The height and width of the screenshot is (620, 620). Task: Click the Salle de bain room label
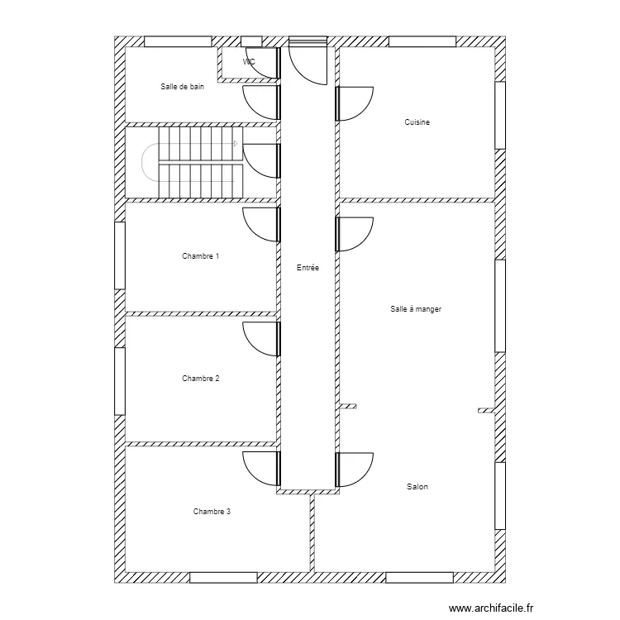tap(183, 87)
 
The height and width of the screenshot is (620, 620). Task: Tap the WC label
tap(249, 62)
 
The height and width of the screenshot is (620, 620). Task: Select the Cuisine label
tap(417, 122)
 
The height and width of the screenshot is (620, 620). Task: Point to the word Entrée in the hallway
tap(308, 268)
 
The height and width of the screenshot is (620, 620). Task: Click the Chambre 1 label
tap(201, 256)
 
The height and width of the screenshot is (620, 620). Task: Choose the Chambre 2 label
tap(201, 379)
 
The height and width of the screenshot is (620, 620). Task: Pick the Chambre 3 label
tap(212, 512)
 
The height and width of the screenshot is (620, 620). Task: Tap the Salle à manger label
tap(416, 309)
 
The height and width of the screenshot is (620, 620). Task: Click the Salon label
tap(417, 487)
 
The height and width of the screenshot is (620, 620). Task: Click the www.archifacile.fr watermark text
tap(491, 608)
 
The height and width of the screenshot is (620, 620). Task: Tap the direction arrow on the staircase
tap(236, 144)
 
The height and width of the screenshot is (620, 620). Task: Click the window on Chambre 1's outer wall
tap(120, 255)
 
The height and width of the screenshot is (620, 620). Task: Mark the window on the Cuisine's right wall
tap(500, 115)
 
